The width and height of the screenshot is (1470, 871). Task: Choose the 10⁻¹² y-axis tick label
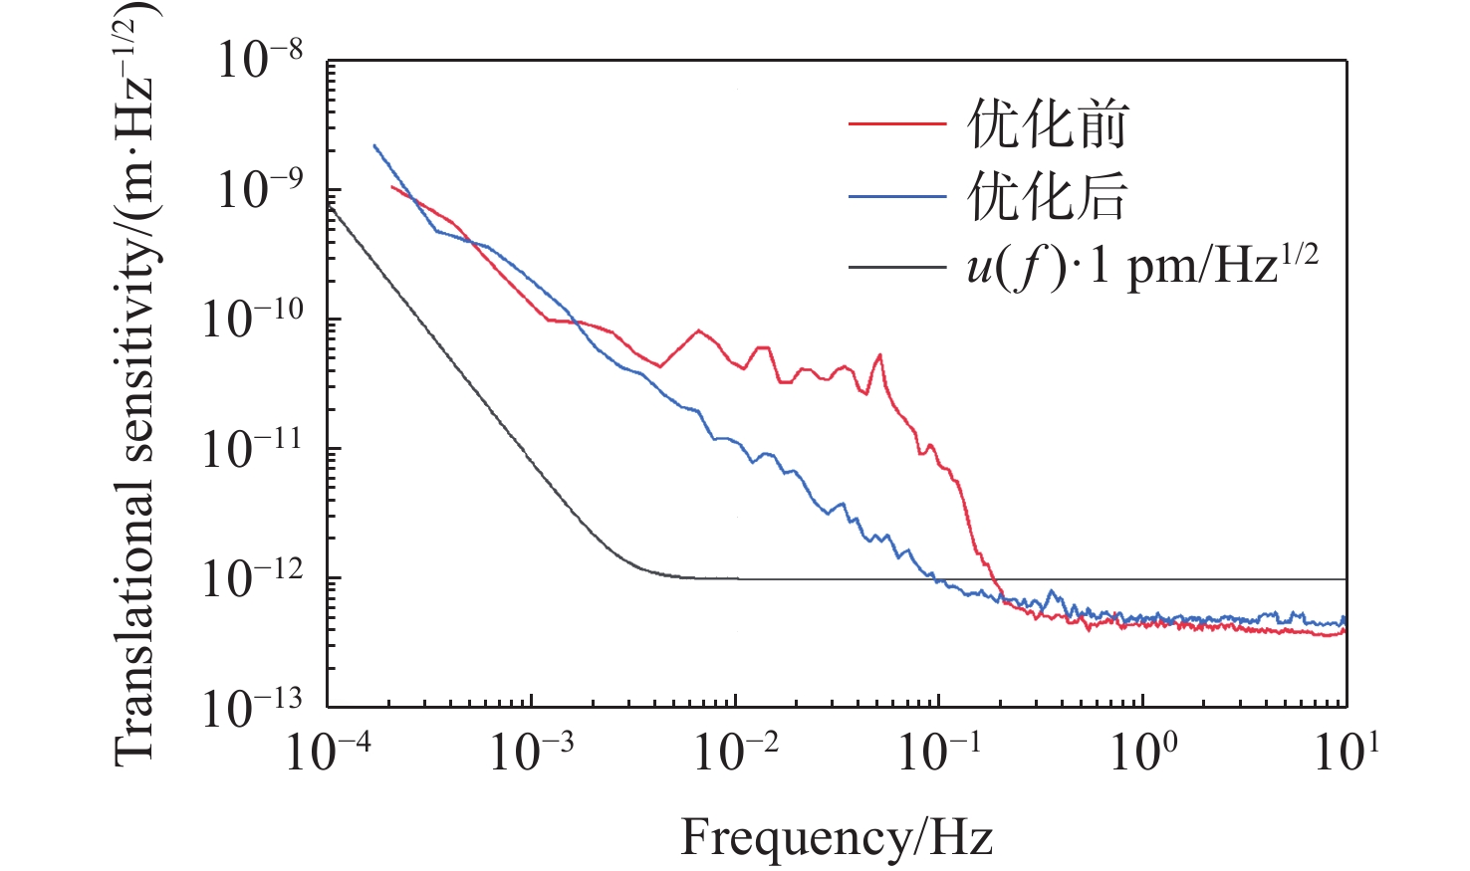(252, 577)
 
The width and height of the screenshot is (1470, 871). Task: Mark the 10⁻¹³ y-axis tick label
(252, 707)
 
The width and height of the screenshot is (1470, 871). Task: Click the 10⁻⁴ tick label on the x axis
(328, 752)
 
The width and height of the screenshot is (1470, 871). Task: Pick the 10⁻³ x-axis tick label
(532, 752)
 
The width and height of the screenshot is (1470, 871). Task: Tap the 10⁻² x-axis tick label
(736, 752)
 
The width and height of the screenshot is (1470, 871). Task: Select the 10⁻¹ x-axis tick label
(939, 752)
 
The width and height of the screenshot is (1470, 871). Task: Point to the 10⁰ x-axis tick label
(1143, 752)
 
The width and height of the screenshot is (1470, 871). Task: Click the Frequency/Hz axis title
(837, 837)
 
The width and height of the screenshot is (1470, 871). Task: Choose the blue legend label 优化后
(1047, 196)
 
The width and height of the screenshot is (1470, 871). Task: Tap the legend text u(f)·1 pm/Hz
(1141, 267)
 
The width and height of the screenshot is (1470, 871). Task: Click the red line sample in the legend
(896, 124)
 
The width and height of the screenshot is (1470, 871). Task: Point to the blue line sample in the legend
(896, 197)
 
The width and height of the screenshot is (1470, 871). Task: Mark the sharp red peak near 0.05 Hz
(879, 355)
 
